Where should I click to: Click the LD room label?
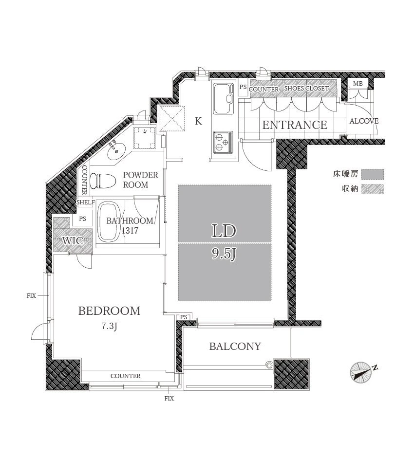click(x=224, y=231)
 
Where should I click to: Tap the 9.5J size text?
click(x=224, y=254)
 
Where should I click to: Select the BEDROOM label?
click(x=110, y=311)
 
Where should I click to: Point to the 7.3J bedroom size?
click(x=110, y=327)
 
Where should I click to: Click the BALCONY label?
click(x=235, y=346)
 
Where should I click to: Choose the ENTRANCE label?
click(x=295, y=125)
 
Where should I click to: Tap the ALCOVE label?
click(x=364, y=121)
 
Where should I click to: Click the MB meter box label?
click(x=358, y=83)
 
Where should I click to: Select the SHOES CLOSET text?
click(x=306, y=88)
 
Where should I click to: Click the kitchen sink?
click(x=224, y=98)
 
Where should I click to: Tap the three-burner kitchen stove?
click(x=224, y=142)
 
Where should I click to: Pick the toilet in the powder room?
click(x=103, y=181)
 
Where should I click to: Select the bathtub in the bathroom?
click(x=109, y=222)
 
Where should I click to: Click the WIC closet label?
click(x=73, y=241)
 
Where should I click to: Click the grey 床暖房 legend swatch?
click(x=373, y=174)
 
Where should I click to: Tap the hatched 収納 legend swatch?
click(x=373, y=189)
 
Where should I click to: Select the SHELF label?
click(x=85, y=202)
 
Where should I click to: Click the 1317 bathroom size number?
click(x=130, y=231)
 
